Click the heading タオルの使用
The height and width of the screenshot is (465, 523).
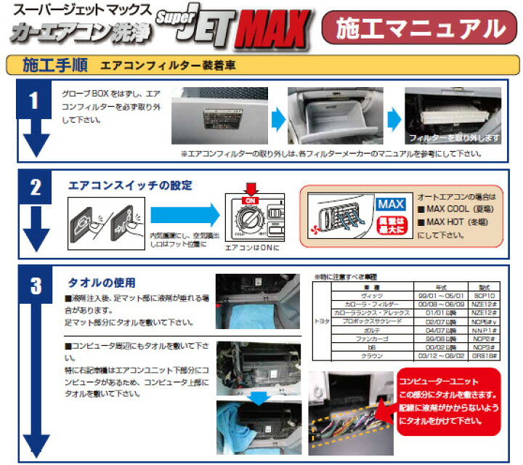(102, 282)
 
